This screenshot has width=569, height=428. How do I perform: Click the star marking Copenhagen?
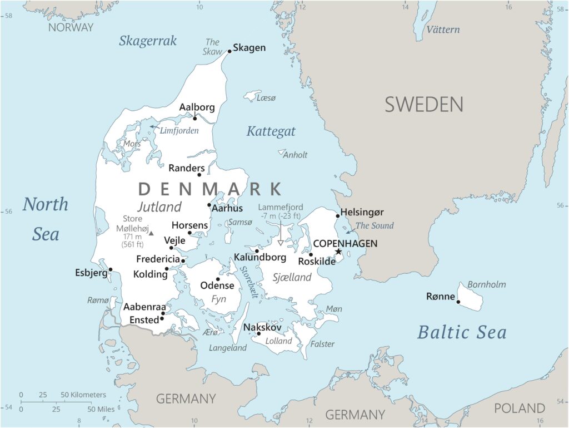pos(338,252)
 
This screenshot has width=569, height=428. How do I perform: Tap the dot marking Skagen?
pos(229,51)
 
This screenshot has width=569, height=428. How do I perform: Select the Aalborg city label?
pos(197,107)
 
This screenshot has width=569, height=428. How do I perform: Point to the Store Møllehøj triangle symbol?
pos(151,233)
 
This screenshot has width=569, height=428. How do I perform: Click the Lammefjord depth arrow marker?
pos(281,242)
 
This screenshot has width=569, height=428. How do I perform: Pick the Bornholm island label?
pos(486,284)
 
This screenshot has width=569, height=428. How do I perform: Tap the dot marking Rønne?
pos(458,302)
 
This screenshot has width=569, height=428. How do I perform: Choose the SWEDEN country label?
pos(424,104)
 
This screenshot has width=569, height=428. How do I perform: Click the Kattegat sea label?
pos(271,132)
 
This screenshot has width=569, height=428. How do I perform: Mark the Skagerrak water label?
pos(148,41)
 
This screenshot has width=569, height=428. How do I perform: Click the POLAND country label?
pos(520,408)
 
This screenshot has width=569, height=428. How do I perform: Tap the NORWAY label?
pos(71,27)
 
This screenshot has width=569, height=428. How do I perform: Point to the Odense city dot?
pos(218,279)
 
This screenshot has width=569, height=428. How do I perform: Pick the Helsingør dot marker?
pos(337,216)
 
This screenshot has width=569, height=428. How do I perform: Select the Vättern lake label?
pos(443,29)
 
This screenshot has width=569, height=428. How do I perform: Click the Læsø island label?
pos(266,98)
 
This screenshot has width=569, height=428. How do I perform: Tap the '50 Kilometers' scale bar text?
pos(83,395)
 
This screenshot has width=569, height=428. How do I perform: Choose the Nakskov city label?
pos(262,327)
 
